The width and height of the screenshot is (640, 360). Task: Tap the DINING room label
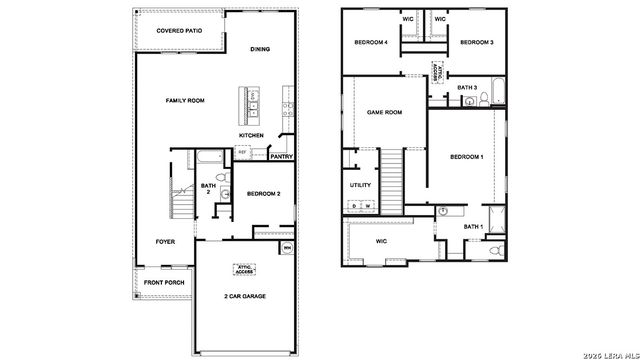pos(260,49)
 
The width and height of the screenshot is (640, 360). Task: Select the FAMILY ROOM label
pos(184,101)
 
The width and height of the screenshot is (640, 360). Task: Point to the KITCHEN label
pos(251,135)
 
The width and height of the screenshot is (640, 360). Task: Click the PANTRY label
pos(281,156)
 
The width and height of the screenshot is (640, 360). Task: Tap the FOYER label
pos(165,242)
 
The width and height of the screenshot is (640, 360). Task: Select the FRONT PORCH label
pos(163,283)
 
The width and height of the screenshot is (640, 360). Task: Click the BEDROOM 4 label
pos(372,42)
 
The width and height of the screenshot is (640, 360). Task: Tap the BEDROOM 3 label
pos(478,42)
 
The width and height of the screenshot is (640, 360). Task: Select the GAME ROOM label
pos(384,112)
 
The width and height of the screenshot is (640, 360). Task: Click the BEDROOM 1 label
pos(466,157)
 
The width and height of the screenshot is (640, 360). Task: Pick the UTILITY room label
pos(361,185)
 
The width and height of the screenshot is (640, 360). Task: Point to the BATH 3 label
pos(467,88)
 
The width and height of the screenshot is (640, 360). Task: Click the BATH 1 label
pos(473,227)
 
